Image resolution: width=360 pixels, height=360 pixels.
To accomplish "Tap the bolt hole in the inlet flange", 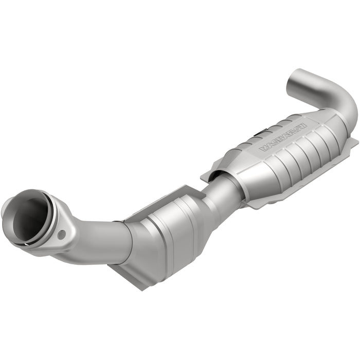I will click(62, 235).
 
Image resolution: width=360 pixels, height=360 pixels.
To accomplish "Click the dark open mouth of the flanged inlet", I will click(28, 217).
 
